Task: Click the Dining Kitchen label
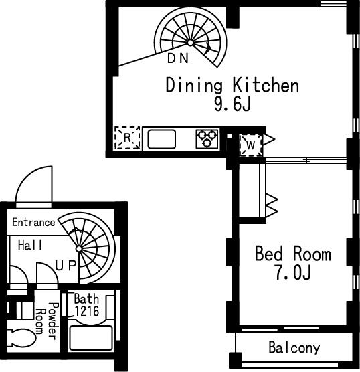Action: point(232,86)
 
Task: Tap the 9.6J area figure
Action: point(232,104)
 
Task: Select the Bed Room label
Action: point(293,254)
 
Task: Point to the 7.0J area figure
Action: point(293,272)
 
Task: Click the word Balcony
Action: point(294,348)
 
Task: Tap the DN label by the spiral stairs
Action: point(178,58)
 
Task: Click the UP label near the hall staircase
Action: point(66,266)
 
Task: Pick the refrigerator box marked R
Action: point(127,138)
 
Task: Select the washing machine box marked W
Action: point(251,145)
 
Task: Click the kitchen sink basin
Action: point(162,139)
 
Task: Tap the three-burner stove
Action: point(207,138)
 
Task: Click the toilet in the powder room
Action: point(21,337)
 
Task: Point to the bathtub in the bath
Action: point(91,338)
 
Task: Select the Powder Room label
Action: point(47,320)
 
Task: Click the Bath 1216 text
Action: point(86,305)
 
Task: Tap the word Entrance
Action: point(33,223)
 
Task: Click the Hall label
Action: point(30,245)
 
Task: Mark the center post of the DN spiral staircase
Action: point(190,43)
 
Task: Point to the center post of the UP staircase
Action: point(79,249)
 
